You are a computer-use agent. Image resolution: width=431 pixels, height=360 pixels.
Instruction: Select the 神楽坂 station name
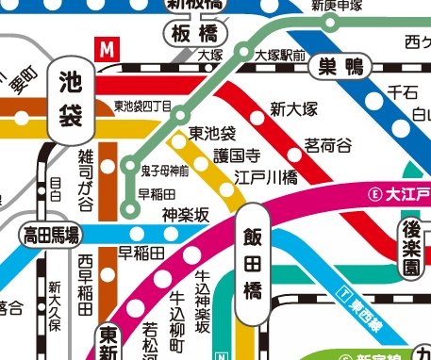pyautogui.click(x=185, y=215)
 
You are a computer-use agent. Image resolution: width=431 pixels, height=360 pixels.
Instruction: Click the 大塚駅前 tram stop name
pyautogui.click(x=280, y=56)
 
